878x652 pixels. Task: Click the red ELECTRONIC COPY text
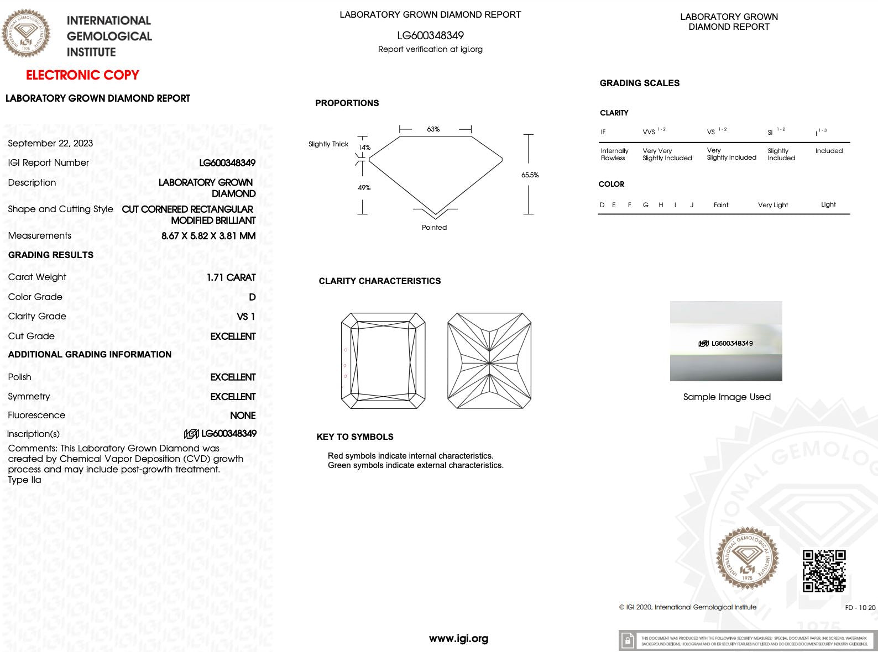coord(82,75)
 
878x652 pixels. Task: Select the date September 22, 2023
coord(50,143)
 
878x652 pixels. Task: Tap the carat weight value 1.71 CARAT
coord(231,277)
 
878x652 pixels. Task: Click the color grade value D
coord(252,297)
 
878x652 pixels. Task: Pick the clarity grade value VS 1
coord(245,317)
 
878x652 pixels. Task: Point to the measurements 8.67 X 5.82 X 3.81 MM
coord(208,236)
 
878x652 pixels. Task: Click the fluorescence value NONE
coord(243,416)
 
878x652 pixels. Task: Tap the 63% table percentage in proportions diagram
coord(433,129)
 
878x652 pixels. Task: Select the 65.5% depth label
coord(530,175)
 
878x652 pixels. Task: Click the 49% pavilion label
coord(364,188)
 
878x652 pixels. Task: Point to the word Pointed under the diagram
coord(434,228)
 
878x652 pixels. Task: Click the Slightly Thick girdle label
coord(328,144)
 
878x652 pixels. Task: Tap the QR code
coord(824,571)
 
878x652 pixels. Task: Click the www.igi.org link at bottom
coord(458,639)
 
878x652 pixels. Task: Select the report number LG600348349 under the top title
coord(430,35)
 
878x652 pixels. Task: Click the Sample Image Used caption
coord(727,397)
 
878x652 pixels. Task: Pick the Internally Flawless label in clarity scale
coord(614,154)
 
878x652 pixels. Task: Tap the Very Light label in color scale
coord(773,205)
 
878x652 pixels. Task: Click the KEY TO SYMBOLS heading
coord(355,437)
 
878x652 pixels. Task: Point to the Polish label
coord(20,377)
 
